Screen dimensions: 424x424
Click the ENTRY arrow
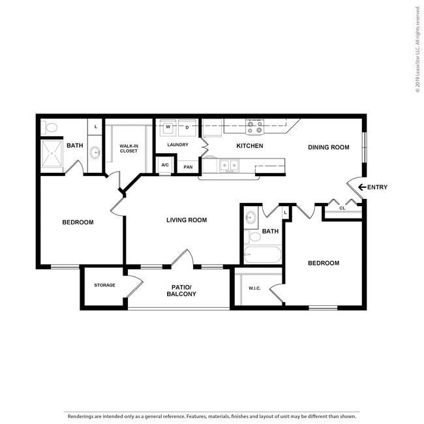[x=362, y=187]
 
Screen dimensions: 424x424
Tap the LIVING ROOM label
[x=187, y=220]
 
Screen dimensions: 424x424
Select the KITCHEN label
[x=250, y=146]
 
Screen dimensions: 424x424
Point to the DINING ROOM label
[x=329, y=147]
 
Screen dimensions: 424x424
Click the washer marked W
[x=168, y=128]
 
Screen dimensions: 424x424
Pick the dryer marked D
[x=187, y=128]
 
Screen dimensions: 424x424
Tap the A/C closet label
[x=165, y=165]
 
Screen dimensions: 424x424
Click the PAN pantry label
[x=188, y=167]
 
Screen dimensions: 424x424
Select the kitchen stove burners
[x=254, y=127]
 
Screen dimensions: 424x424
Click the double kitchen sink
[x=230, y=166]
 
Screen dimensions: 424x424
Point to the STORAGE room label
[x=104, y=285]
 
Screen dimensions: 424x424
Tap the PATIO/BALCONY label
[x=181, y=291]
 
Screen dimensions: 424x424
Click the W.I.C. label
[x=254, y=288]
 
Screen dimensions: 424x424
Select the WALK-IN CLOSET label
[x=129, y=149]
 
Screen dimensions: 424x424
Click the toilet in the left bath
[x=49, y=127]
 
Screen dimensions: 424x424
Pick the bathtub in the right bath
[x=263, y=254]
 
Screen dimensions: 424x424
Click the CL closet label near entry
[x=342, y=208]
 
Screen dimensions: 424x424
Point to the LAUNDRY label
[x=177, y=145]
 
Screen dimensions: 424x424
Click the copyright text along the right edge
[x=417, y=49]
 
